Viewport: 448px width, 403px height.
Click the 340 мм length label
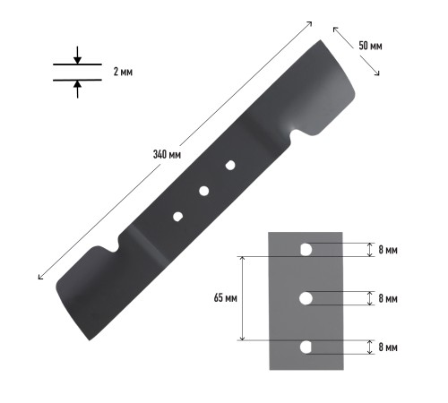167,154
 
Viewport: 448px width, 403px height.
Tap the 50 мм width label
370,46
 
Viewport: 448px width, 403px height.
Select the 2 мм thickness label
123,72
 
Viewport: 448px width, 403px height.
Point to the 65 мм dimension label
226,298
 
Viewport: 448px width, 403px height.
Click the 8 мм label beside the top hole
388,250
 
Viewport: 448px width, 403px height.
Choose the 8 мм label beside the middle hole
388,298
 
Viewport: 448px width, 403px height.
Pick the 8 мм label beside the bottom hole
388,347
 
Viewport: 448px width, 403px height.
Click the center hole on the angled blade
204,191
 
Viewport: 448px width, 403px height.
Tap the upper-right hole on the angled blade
230,165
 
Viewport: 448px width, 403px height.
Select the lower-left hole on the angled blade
177,217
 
